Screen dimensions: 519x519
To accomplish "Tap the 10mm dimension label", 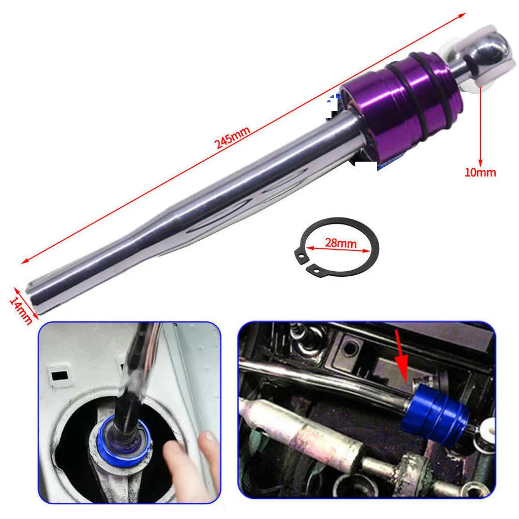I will [x=480, y=172].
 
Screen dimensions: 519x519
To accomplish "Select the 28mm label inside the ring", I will [x=341, y=243].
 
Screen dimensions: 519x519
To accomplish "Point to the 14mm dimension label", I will [x=20, y=311].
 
